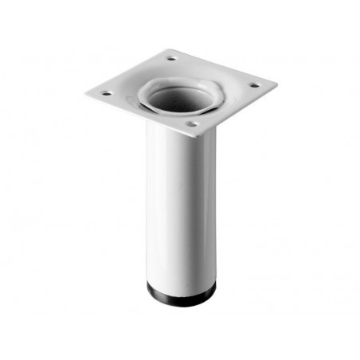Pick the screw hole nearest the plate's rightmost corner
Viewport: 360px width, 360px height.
pos(254,85)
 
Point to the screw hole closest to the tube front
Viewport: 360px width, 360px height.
pos(190,124)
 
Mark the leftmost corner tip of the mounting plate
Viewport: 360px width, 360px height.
pos(84,94)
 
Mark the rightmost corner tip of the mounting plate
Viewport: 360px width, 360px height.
pos(276,82)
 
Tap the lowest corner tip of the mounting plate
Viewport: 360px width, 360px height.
pos(196,135)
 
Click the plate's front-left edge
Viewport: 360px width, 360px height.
pos(135,115)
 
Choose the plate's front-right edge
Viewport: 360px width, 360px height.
pos(239,109)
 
